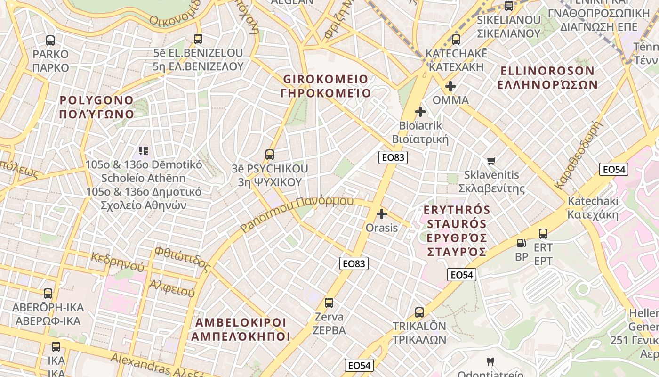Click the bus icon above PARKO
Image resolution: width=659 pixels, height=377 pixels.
click(x=50, y=41)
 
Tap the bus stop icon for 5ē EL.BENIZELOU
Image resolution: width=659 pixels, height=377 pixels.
click(x=198, y=39)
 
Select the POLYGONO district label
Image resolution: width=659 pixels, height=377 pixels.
click(x=97, y=107)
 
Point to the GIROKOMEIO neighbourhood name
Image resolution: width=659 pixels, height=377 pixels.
click(x=326, y=86)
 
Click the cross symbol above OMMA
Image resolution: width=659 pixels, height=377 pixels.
click(x=450, y=86)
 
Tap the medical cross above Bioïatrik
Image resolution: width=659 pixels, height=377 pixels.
click(x=420, y=112)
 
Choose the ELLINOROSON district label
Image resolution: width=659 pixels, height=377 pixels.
click(x=547, y=78)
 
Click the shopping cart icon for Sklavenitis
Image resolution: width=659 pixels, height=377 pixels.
click(x=491, y=161)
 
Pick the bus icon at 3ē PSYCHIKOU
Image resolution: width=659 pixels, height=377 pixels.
click(x=270, y=155)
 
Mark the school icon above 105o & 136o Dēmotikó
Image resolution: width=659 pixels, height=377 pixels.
click(x=144, y=151)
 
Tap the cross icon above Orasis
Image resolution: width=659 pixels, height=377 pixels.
click(x=382, y=214)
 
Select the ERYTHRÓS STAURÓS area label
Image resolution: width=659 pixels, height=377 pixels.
click(x=457, y=231)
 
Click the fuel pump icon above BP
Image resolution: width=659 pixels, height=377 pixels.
click(x=522, y=243)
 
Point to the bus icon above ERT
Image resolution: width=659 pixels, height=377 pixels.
click(x=543, y=234)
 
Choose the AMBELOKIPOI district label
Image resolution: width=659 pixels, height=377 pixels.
click(x=241, y=329)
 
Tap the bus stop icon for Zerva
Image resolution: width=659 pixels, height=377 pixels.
click(x=329, y=303)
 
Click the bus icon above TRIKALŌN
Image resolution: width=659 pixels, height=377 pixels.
click(x=419, y=312)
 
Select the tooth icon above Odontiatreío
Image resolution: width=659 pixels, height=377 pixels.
click(x=490, y=362)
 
